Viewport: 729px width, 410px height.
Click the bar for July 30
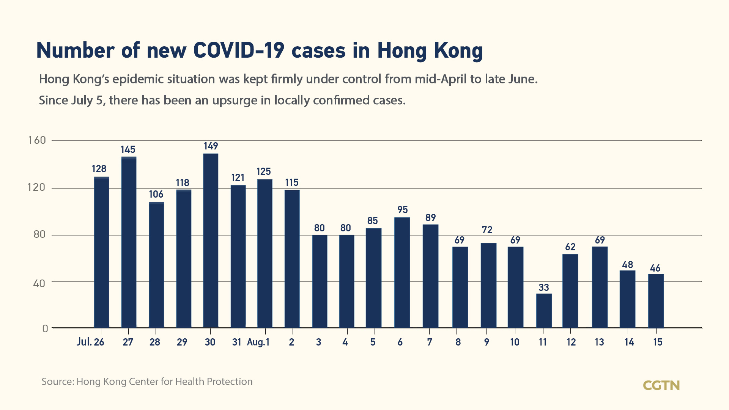(211, 240)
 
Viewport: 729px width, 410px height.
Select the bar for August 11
(544, 311)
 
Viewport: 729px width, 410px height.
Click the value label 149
(211, 146)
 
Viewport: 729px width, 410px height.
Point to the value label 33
(543, 287)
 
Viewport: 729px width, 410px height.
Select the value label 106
(156, 194)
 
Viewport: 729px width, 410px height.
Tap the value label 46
(655, 268)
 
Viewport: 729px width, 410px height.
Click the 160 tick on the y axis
(37, 140)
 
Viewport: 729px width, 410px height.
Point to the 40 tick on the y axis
(39, 283)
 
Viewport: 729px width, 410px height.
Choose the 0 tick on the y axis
(45, 328)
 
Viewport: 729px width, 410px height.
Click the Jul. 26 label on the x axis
(90, 342)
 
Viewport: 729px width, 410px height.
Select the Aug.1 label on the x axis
(258, 342)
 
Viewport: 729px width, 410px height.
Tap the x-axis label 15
(657, 342)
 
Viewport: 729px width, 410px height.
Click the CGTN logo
(661, 385)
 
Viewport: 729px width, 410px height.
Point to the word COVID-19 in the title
(239, 50)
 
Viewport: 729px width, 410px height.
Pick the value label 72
(487, 230)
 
